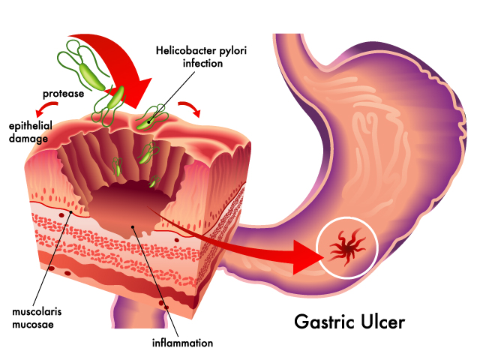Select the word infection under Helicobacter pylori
click(x=202, y=63)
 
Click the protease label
click(x=63, y=94)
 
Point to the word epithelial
click(x=31, y=126)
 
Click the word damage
click(x=28, y=139)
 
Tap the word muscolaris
click(x=37, y=312)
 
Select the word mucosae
click(x=33, y=324)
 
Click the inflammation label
click(x=183, y=343)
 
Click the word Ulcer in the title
click(x=383, y=322)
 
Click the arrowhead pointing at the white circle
click(x=307, y=257)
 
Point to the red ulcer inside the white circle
click(x=347, y=247)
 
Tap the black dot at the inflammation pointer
click(x=133, y=226)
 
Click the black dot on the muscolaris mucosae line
click(x=70, y=211)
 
